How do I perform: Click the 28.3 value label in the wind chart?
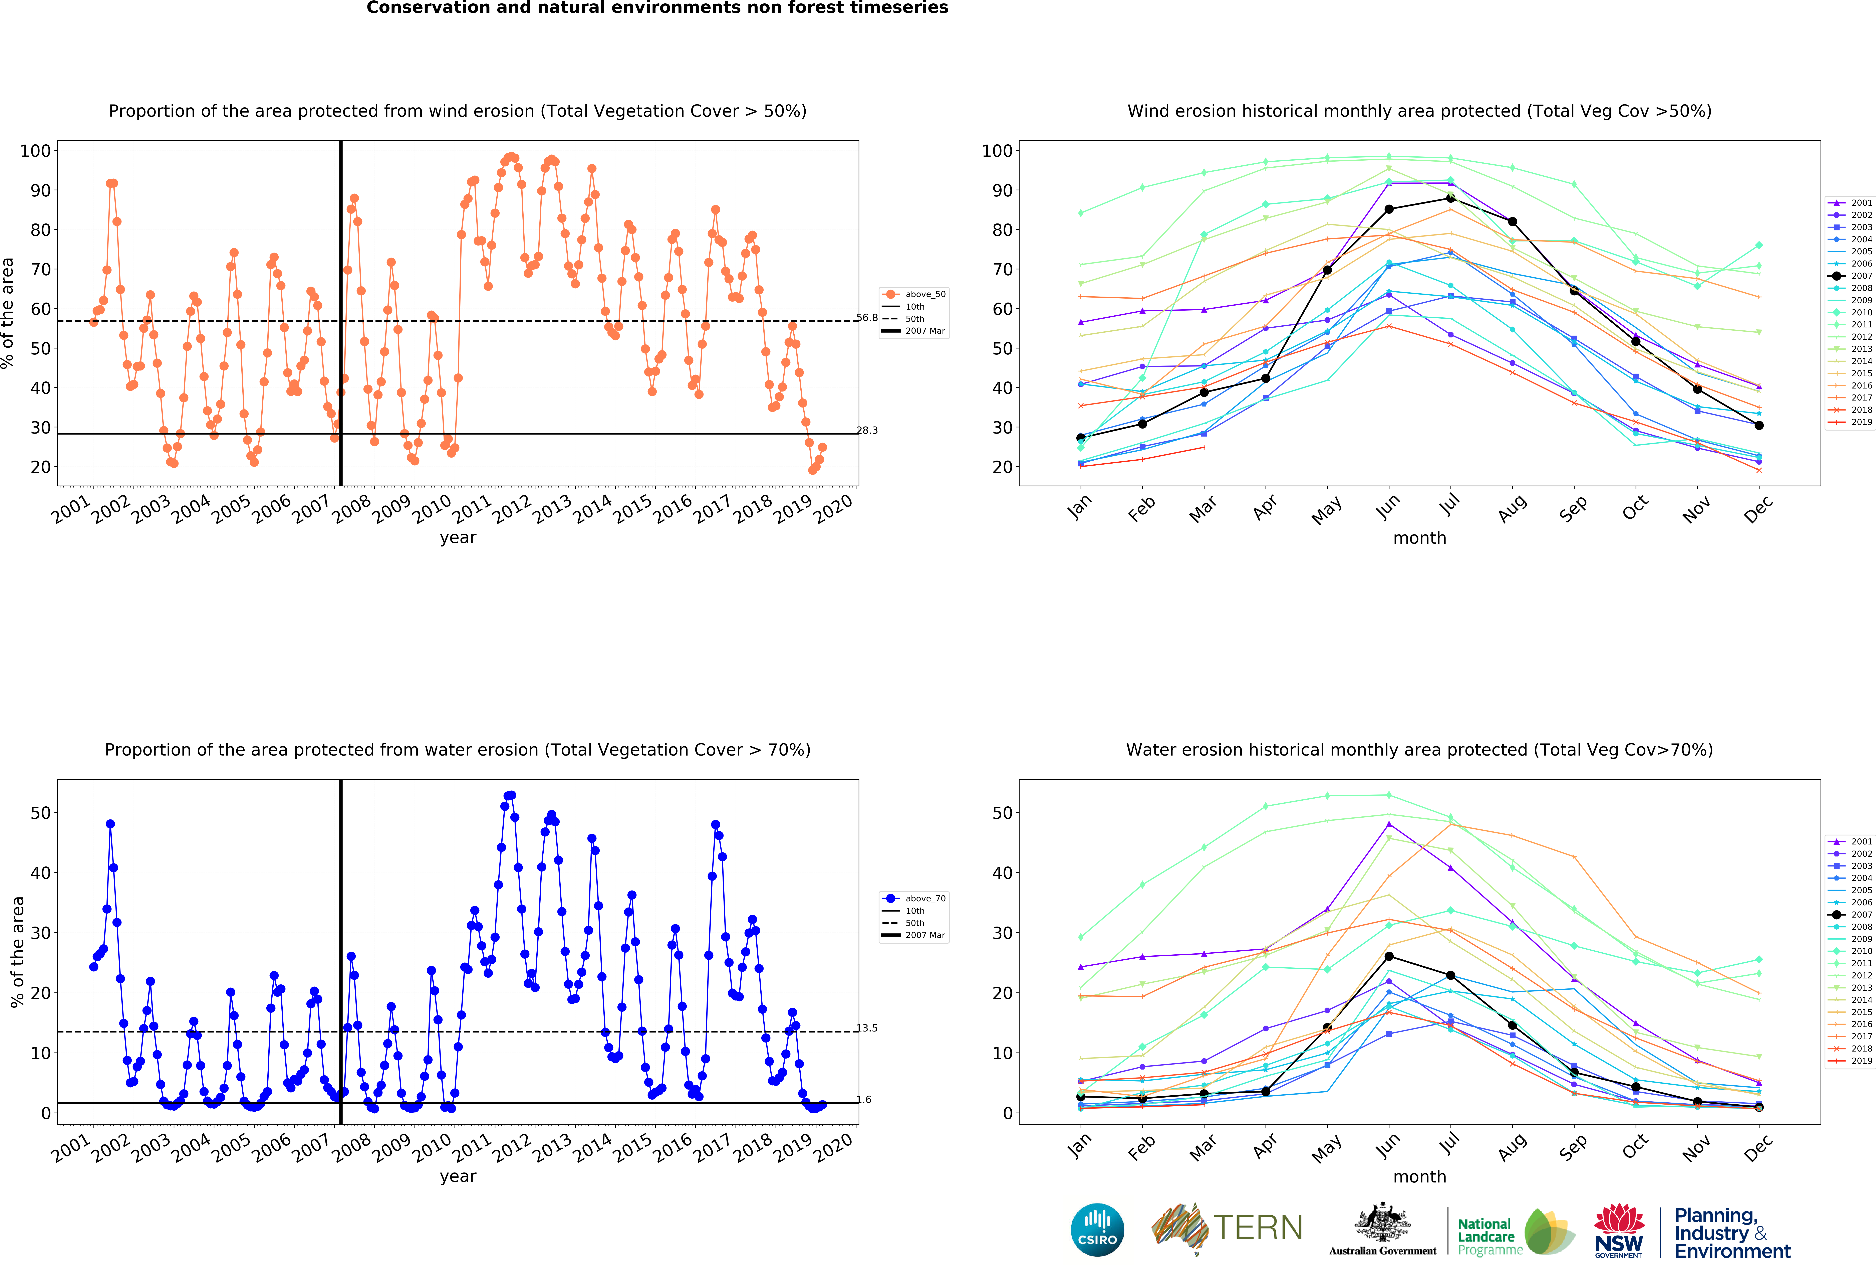pos(867,430)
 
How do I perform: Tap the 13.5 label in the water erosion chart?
pos(867,1028)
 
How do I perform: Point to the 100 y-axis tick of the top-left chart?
pos(35,151)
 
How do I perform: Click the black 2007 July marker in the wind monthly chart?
pos(1451,198)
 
